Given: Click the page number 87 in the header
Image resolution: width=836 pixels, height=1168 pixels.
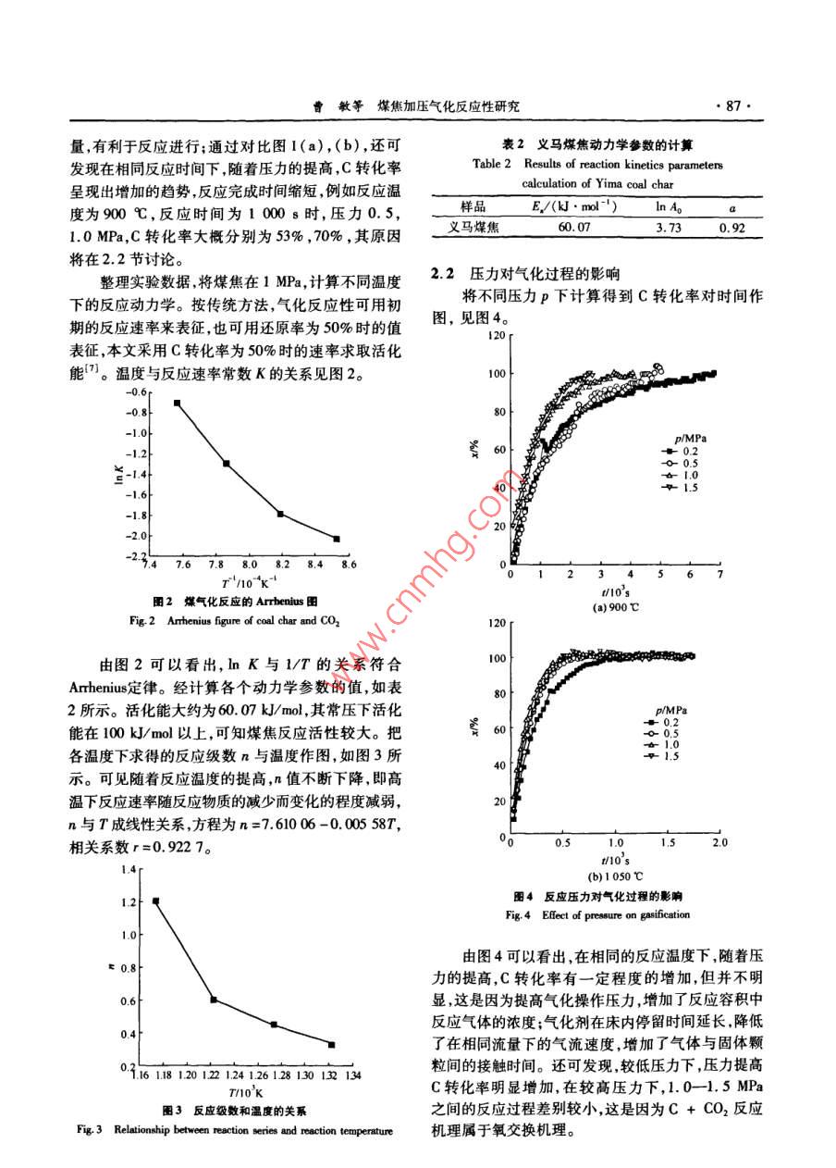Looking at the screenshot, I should pos(733,106).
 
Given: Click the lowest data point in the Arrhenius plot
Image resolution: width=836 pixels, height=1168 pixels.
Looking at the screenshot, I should pos(337,539).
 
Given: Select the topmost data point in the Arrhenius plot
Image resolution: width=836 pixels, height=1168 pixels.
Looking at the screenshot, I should pos(177,403).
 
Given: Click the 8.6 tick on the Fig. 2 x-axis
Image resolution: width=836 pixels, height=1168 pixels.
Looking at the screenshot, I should pos(338,564).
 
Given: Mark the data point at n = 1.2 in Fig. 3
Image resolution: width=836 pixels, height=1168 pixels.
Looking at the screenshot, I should pos(156,901).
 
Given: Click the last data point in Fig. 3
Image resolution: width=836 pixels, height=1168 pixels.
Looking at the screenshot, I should pos(331,1045).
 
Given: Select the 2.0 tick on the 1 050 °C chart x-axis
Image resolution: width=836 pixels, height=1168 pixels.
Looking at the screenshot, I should pos(719,843).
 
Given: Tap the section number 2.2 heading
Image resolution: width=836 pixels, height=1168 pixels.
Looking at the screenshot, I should pos(444,274).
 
